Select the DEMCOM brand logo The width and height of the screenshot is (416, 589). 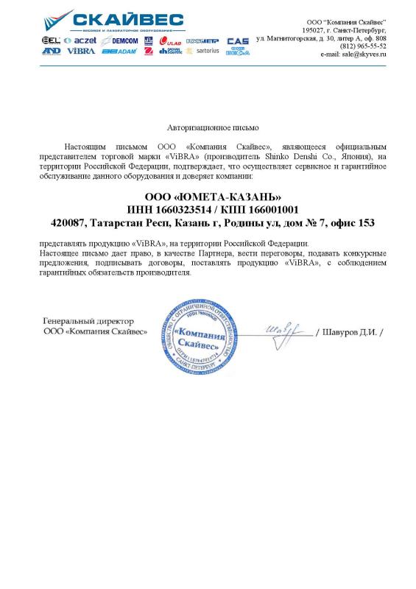point(120,40)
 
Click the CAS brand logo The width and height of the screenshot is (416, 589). point(237,41)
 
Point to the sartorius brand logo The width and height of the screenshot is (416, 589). point(202,52)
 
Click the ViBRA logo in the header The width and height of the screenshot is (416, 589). point(81,52)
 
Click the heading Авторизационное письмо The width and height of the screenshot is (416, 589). point(208,127)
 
